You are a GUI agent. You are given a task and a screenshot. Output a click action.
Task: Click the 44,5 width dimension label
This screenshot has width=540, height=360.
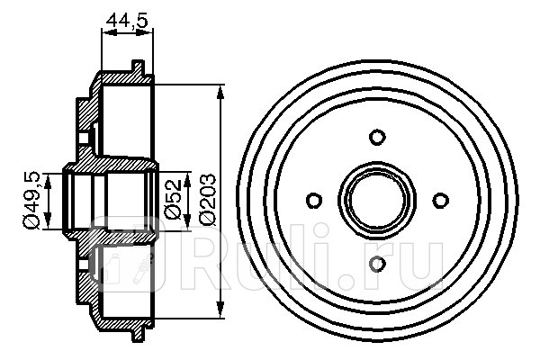pyautogui.click(x=127, y=20)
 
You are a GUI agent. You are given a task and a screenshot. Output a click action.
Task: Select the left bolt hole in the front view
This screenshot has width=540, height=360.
pyautogui.click(x=314, y=200)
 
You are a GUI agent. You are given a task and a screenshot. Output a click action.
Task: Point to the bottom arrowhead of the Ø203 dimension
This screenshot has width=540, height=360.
pyautogui.click(x=221, y=310)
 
